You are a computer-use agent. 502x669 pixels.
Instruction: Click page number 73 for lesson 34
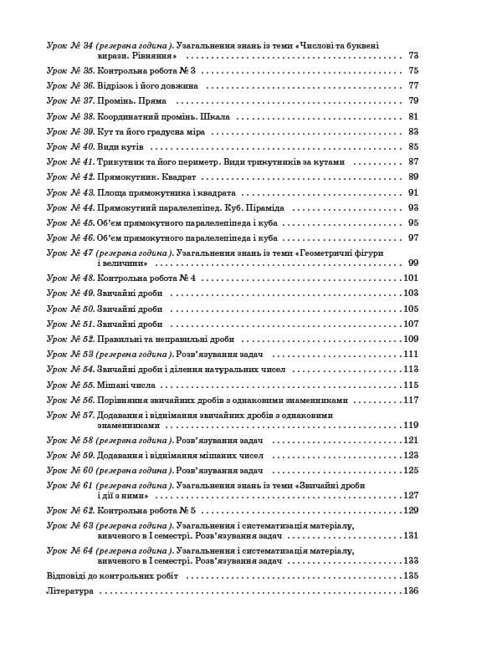[x=412, y=55]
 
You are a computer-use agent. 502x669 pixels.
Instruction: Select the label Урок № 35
[x=69, y=70]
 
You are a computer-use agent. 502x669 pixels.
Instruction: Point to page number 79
[x=412, y=101]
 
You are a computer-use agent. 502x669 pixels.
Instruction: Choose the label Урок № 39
[x=69, y=132]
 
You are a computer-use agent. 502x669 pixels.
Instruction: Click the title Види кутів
[x=120, y=147]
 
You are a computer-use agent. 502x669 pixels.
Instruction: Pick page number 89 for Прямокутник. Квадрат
[x=412, y=177]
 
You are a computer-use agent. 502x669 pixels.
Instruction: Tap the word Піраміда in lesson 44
[x=265, y=207]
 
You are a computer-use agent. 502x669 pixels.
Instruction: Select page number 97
[x=412, y=238]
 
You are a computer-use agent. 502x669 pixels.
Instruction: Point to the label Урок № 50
[x=69, y=309]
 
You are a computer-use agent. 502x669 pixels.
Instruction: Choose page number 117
[x=410, y=401]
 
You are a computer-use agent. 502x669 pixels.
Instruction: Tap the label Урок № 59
[x=69, y=456]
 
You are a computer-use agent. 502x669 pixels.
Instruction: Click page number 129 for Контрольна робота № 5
[x=410, y=510]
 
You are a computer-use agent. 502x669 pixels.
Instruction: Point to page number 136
[x=410, y=591]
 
